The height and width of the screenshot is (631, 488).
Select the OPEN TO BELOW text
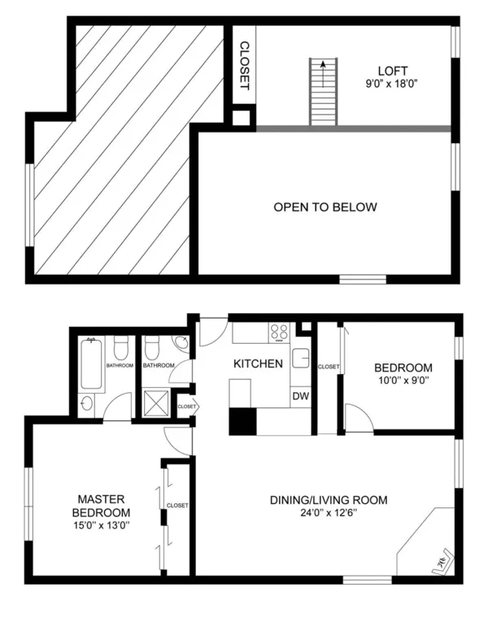[325, 207]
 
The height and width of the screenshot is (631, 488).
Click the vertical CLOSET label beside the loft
[244, 64]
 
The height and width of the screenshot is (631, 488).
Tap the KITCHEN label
[258, 364]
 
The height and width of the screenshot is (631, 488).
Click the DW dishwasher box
[299, 396]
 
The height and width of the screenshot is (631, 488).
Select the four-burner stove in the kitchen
[279, 332]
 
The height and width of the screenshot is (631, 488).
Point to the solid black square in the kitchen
[242, 421]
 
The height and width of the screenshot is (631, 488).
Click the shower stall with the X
[157, 399]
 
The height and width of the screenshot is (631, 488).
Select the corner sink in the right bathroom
[181, 343]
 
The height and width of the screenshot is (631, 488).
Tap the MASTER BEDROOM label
[102, 506]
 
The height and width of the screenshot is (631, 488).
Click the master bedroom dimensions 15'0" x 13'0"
[102, 525]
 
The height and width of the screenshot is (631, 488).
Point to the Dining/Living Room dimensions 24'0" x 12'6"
[329, 513]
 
